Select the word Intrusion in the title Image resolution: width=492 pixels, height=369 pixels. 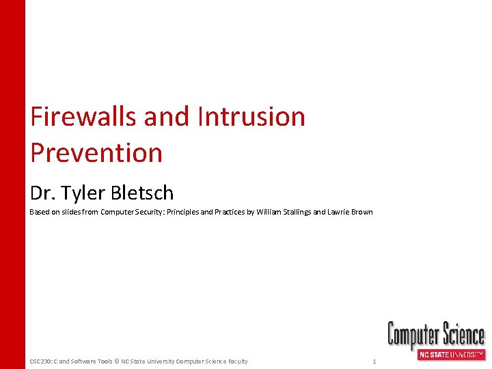pos(251,117)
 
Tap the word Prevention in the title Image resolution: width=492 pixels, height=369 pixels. pos(96,152)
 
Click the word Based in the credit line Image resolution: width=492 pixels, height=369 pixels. pos(40,212)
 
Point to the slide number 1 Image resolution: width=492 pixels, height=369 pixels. pos(374,361)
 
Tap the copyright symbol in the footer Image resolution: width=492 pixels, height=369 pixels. pos(116,361)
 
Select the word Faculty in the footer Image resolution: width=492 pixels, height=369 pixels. pos(236,361)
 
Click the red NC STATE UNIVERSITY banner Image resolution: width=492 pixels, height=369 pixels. pos(451,355)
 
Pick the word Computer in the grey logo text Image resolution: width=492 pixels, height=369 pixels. pos(413,335)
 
